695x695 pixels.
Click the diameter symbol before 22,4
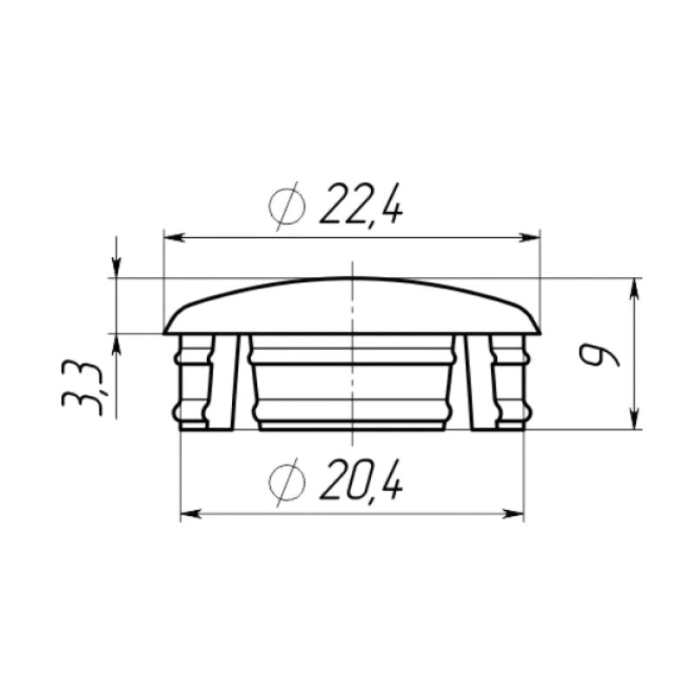click(287, 207)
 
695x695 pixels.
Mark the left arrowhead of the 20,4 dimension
click(189, 514)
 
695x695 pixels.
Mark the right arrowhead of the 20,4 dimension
click(516, 514)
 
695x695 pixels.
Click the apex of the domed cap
click(352, 279)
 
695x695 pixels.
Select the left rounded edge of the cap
click(169, 325)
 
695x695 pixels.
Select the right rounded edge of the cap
click(535, 325)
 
